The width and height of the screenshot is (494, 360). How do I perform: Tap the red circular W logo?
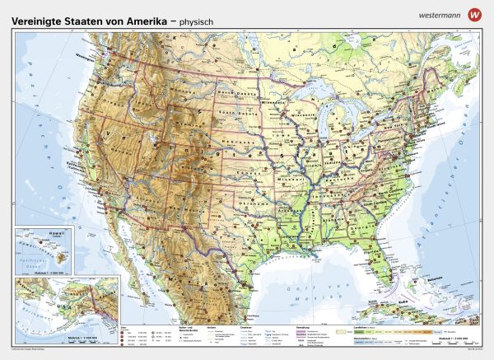[473, 14]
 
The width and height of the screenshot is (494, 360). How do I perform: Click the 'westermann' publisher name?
[441, 14]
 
